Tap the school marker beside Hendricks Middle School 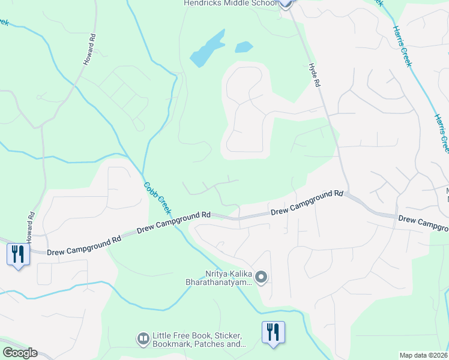click(285, 3)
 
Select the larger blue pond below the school click(208, 49)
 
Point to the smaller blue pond click(243, 47)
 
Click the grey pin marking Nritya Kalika click(261, 277)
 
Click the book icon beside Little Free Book click(143, 340)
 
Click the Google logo click(20, 353)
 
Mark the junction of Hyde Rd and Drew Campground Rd click(348, 193)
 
